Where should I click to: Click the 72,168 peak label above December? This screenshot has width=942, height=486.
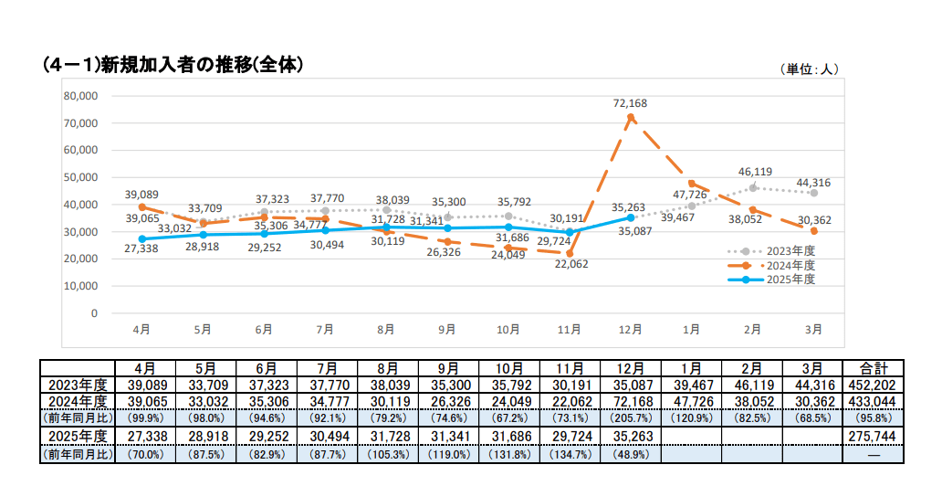pyautogui.click(x=630, y=103)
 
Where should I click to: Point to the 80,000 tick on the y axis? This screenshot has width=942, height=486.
pyautogui.click(x=80, y=96)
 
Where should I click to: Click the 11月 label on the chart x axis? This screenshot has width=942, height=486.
pyautogui.click(x=569, y=329)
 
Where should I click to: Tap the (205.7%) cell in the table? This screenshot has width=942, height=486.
pyautogui.click(x=631, y=417)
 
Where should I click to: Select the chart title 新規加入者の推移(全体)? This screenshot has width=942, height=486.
pyautogui.click(x=173, y=65)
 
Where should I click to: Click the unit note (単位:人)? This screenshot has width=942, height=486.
pyautogui.click(x=809, y=69)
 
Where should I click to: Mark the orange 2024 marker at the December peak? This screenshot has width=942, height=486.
pyautogui.click(x=631, y=117)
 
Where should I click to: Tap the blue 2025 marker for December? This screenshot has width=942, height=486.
pyautogui.click(x=631, y=217)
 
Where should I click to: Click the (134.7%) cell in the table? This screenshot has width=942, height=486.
pyautogui.click(x=569, y=452)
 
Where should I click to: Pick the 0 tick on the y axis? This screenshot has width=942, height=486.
pyautogui.click(x=94, y=312)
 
